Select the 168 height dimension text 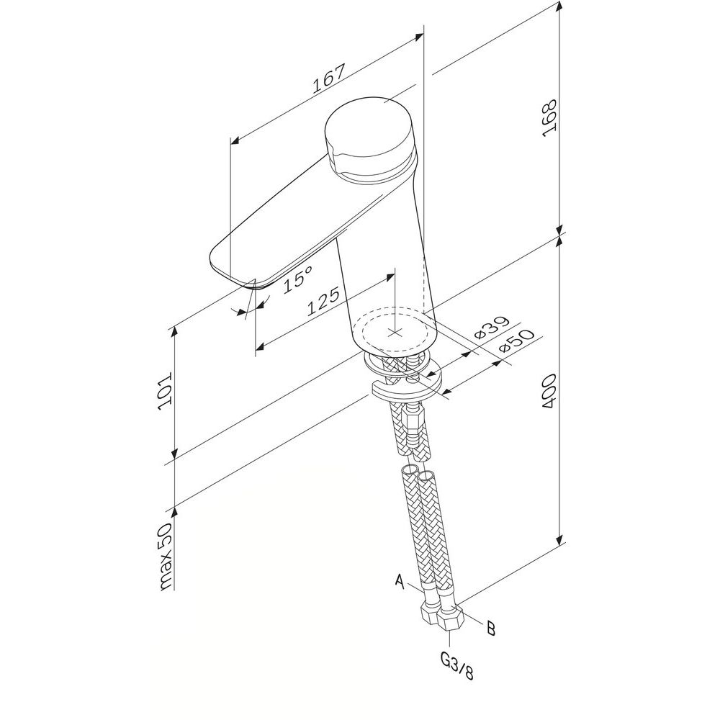[549, 117]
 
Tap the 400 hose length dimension [549, 392]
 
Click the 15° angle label [297, 279]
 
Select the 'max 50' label [164, 556]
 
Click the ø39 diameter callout [492, 328]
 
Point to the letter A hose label [400, 582]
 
